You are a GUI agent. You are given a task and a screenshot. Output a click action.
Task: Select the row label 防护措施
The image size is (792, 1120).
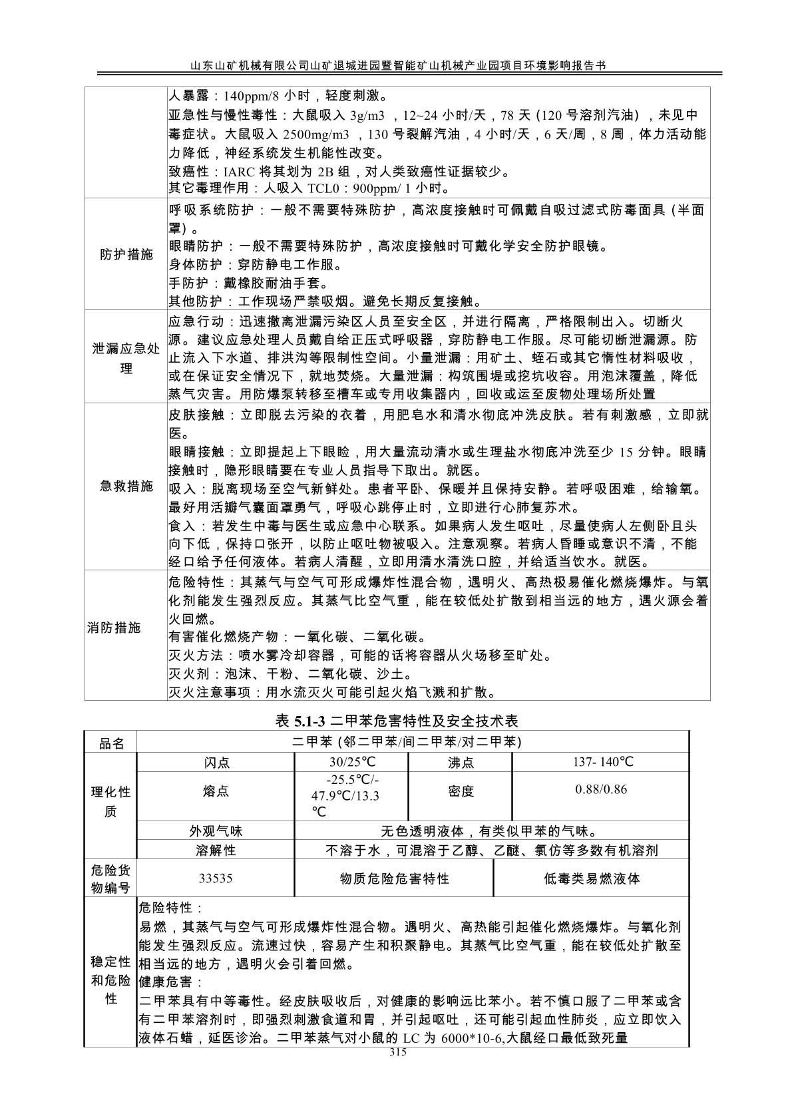(126, 255)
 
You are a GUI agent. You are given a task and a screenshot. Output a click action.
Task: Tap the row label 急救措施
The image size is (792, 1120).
(126, 486)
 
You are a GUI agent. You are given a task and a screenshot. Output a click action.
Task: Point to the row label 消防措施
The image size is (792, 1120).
(114, 628)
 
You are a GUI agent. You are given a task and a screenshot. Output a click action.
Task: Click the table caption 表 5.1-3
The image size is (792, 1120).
(301, 721)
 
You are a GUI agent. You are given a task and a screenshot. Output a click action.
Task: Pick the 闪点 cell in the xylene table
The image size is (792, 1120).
(216, 763)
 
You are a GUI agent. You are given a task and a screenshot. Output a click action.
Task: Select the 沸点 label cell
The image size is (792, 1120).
(461, 763)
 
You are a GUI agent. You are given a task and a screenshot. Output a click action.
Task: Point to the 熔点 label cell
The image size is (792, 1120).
(216, 791)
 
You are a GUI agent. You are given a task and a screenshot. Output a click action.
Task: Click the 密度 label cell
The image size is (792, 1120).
(461, 791)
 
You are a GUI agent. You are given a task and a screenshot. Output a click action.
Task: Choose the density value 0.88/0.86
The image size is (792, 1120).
(602, 789)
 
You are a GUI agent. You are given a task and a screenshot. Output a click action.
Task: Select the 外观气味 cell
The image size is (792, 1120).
(216, 831)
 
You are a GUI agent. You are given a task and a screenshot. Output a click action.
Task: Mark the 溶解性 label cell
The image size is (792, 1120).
(216, 850)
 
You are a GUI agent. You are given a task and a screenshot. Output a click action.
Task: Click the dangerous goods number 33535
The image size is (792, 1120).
(216, 878)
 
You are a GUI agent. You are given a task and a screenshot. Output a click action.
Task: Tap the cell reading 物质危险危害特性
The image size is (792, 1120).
(395, 878)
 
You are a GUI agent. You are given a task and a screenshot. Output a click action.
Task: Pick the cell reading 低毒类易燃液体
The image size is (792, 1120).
(592, 878)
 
